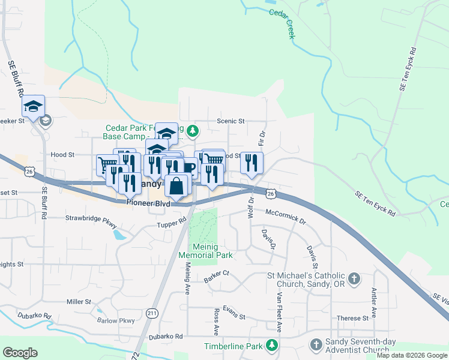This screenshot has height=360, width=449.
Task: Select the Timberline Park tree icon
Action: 272,346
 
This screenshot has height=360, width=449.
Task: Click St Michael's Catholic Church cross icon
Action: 354,278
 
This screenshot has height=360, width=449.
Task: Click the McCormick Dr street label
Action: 285,217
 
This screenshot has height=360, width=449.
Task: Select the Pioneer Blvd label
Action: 148,203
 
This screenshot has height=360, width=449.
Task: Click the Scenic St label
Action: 231,121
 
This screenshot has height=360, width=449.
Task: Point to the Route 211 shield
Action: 152,313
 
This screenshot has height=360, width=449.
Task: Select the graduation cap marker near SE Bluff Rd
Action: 34,107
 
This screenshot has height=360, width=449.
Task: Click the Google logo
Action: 20,353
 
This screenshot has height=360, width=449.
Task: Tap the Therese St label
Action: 352,319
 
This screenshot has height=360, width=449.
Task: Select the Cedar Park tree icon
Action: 192,130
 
